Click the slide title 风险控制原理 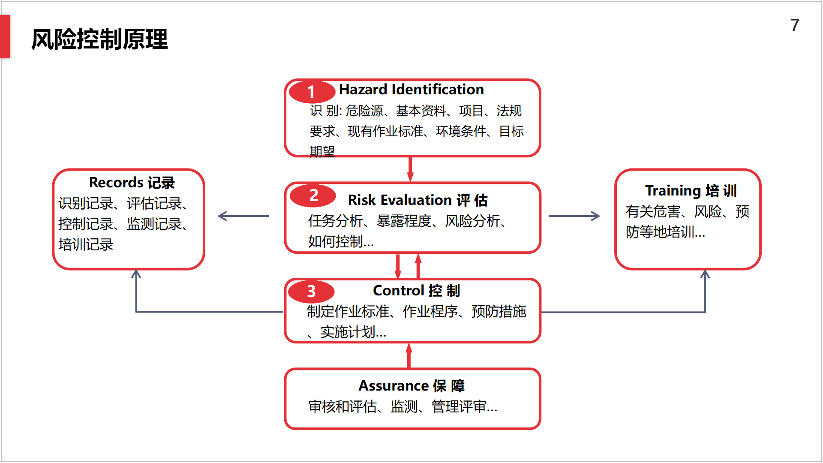coord(99,39)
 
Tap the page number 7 coord(795,25)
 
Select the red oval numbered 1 coord(312,92)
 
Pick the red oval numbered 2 coord(313,195)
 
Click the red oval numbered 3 coord(311,292)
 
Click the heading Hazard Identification coord(411,89)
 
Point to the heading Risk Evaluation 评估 coord(418,200)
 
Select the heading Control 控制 coord(417,291)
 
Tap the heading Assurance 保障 coord(411,386)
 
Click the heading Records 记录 coord(132,183)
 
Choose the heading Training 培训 coord(691,190)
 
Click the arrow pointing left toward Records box coord(243,216)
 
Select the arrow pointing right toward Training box coord(574,216)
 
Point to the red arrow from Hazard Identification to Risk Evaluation coord(410,169)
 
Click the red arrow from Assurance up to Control coord(409,355)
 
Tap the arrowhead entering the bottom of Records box coord(136,274)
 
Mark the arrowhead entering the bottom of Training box coord(705,274)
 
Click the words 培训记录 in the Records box coord(86,244)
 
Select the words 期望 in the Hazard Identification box coord(322,151)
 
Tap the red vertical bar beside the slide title coord(5,36)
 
